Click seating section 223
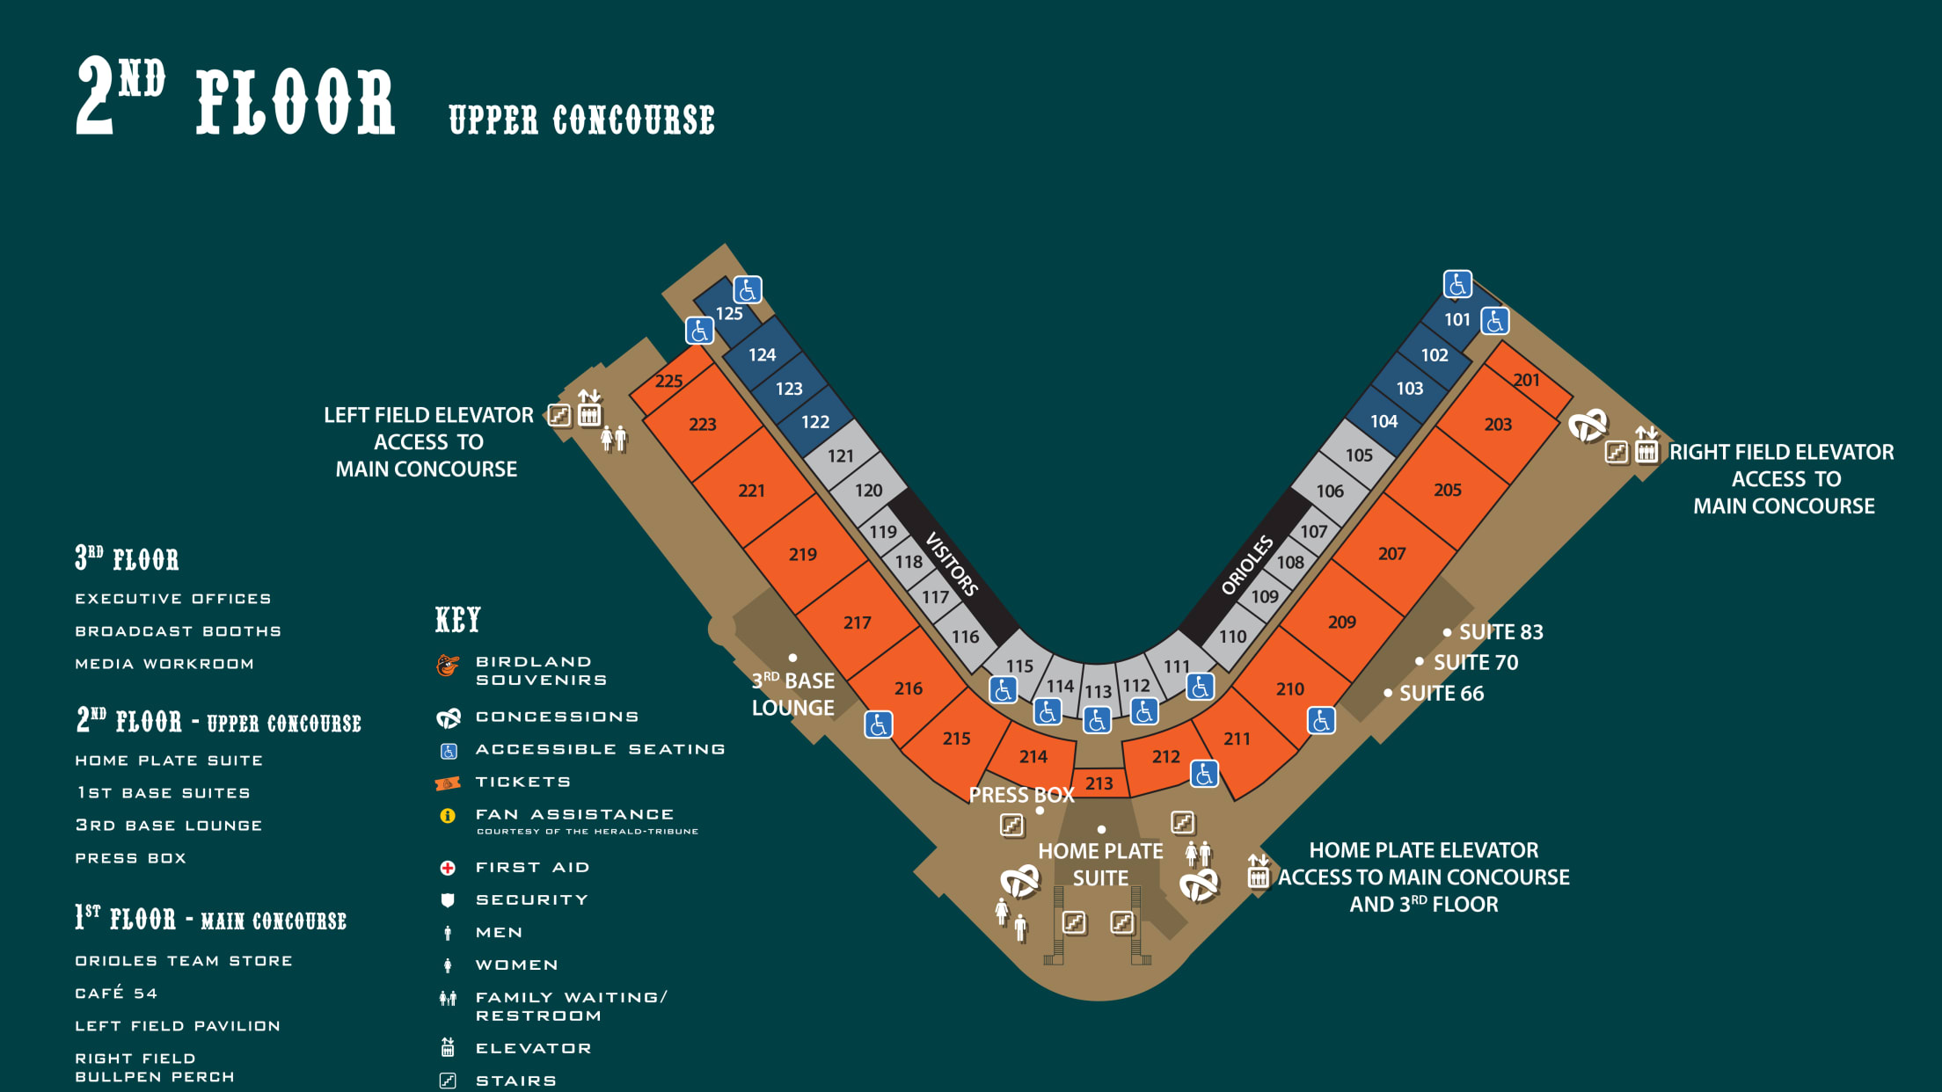click(x=702, y=424)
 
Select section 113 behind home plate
click(x=1098, y=691)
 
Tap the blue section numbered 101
click(x=1456, y=320)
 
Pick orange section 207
click(x=1391, y=554)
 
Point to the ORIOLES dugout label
click(x=1246, y=565)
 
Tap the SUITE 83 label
click(x=1500, y=632)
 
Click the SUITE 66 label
click(x=1441, y=694)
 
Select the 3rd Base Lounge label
click(x=792, y=695)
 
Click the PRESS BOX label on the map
click(x=1021, y=796)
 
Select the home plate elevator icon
click(x=1259, y=873)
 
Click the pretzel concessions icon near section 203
click(x=1588, y=426)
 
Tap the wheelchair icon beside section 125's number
click(x=748, y=289)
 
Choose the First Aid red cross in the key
click(x=448, y=868)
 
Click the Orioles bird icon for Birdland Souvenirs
click(x=448, y=666)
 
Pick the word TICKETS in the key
click(x=522, y=783)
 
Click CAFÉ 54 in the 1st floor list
click(x=116, y=994)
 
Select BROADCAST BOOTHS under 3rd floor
click(x=178, y=631)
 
